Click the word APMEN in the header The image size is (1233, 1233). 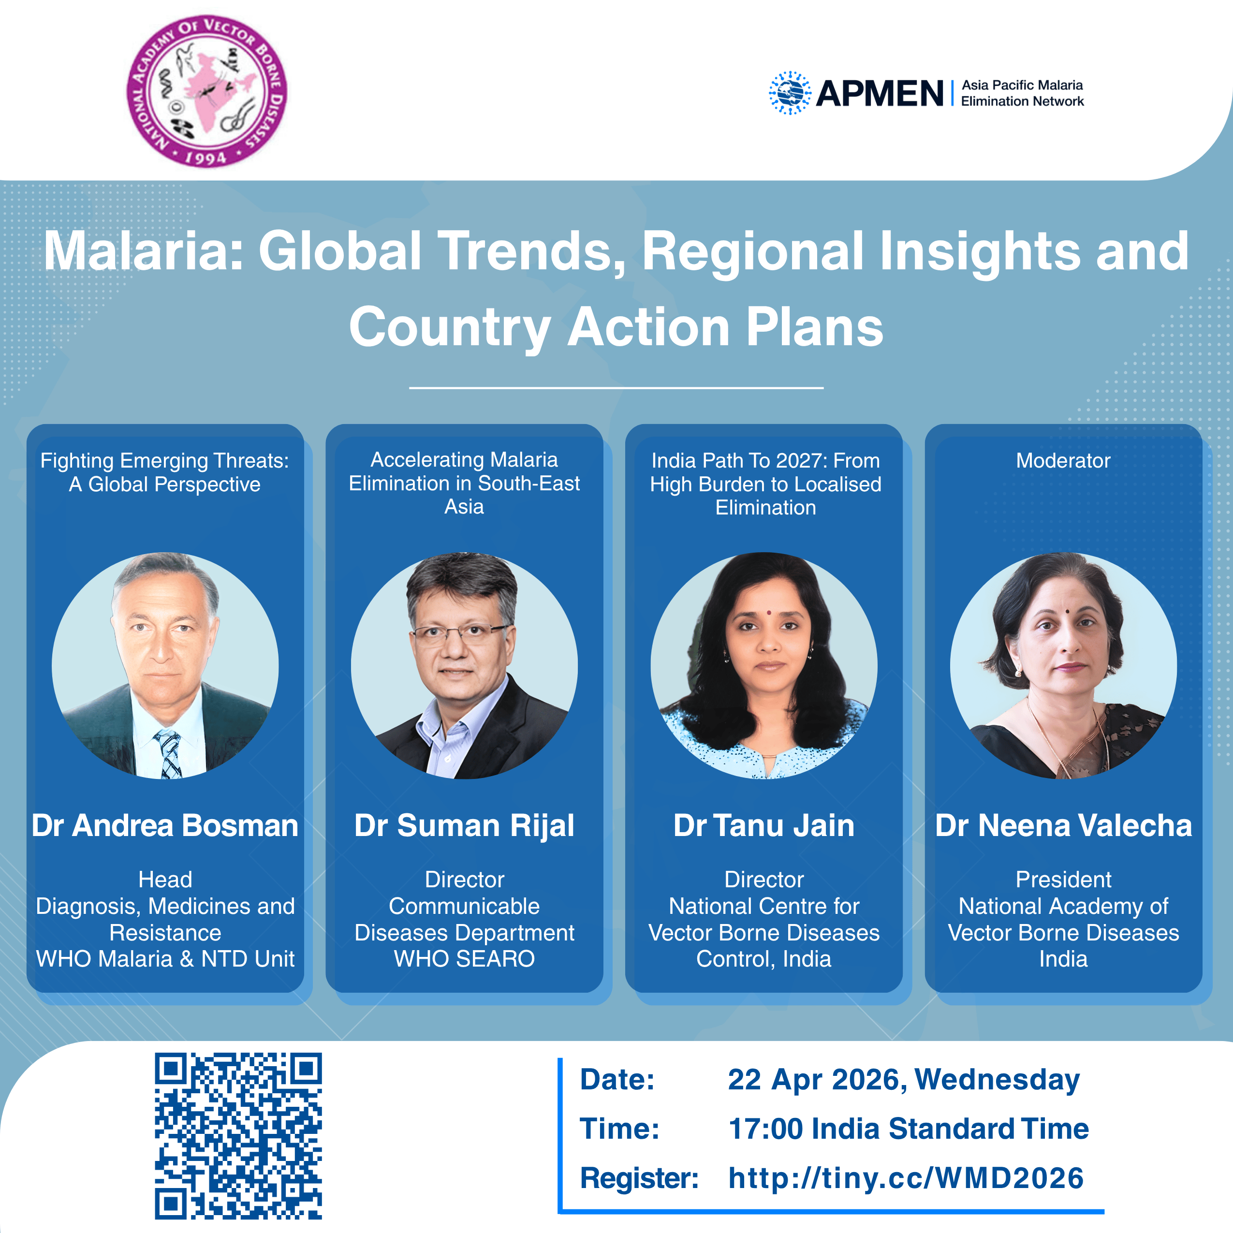(x=880, y=93)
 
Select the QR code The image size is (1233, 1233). (x=238, y=1135)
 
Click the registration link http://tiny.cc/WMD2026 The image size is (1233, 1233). (x=906, y=1177)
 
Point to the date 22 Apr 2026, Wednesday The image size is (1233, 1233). (x=904, y=1080)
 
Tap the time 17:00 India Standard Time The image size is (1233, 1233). (x=908, y=1129)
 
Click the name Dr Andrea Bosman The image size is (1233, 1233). (x=165, y=825)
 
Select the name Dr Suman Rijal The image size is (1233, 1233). (x=465, y=826)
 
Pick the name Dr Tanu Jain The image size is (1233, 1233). (x=764, y=825)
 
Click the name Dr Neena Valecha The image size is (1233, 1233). (x=1063, y=825)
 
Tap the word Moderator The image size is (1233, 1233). (x=1063, y=460)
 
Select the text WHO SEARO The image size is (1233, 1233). (x=465, y=958)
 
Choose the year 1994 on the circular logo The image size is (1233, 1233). (x=205, y=158)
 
